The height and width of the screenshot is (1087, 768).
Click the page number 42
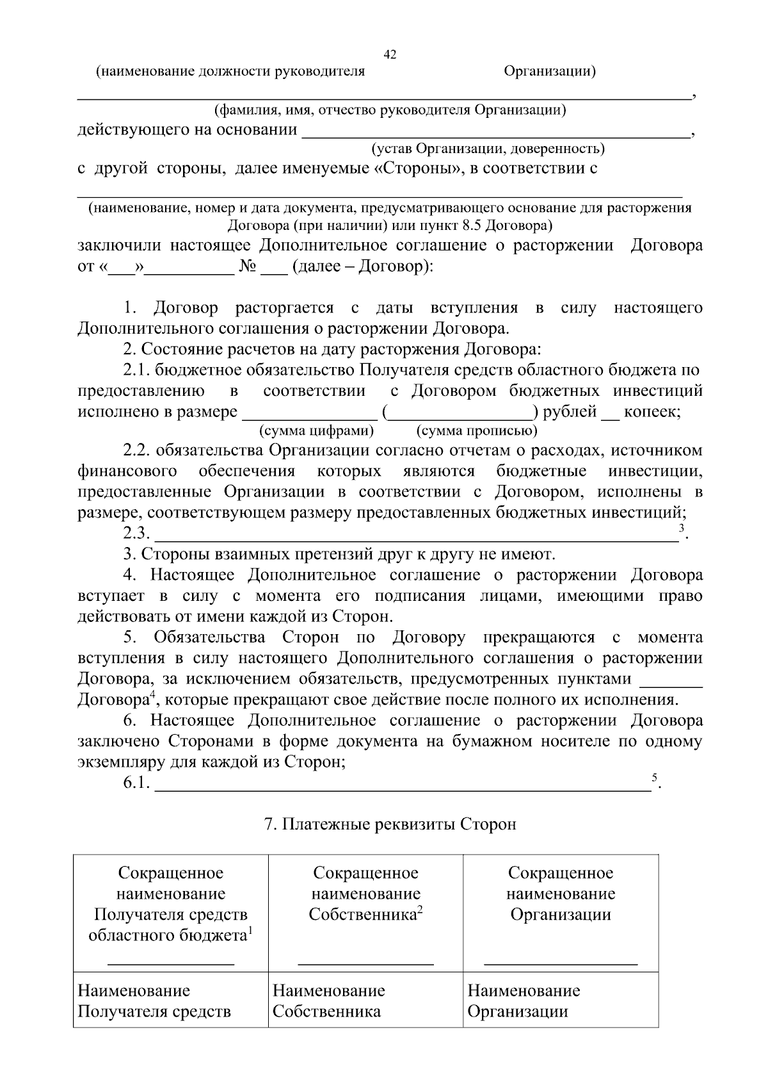pos(390,55)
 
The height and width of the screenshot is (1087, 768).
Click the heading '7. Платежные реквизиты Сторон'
pos(390,824)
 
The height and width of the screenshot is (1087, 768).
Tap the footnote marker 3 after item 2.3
pos(682,528)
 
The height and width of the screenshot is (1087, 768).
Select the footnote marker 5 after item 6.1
pos(655,778)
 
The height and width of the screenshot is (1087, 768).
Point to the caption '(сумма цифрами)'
pos(316,430)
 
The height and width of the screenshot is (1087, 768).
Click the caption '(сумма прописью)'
pos(477,430)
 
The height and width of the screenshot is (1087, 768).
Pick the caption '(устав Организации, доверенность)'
pos(488,149)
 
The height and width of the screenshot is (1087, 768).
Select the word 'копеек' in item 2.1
pos(650,411)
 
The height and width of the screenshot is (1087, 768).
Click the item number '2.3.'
pos(137,534)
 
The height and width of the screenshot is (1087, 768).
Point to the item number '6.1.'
pos(137,783)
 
